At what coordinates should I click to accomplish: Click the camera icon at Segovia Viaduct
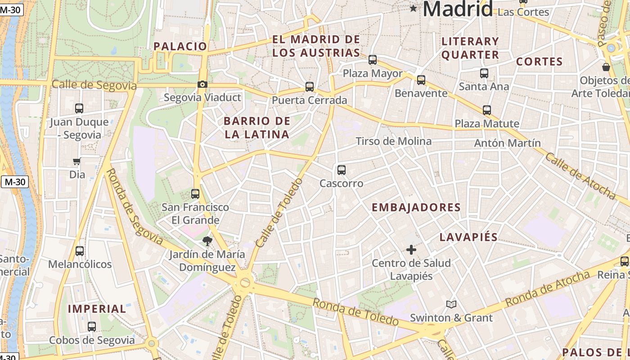pos(202,85)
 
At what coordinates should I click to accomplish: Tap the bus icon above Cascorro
pos(342,170)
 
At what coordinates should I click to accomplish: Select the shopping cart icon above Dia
pos(77,162)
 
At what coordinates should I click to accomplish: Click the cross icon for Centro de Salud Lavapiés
pos(411,250)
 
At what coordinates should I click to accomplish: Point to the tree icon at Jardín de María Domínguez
pos(207,241)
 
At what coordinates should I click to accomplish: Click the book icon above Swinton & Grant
pos(451,305)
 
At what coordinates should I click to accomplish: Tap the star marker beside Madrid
pos(414,8)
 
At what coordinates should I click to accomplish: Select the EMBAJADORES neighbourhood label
pos(416,207)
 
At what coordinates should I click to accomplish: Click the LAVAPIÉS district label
pos(468,237)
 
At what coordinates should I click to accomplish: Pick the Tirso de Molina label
pos(393,141)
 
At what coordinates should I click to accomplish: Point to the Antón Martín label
pos(508,143)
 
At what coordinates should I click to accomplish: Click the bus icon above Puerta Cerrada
pos(310,87)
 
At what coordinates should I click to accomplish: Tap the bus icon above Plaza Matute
pos(487,110)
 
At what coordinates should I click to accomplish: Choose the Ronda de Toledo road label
pos(355,312)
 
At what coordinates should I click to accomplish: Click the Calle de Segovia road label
pos(94,85)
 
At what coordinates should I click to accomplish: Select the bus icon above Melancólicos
pos(80,251)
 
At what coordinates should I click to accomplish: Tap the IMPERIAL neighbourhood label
pos(97,309)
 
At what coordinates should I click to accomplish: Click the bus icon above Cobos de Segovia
pos(92,327)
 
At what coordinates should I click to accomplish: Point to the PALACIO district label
pos(180,46)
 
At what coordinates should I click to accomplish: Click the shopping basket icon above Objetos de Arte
pos(606,67)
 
